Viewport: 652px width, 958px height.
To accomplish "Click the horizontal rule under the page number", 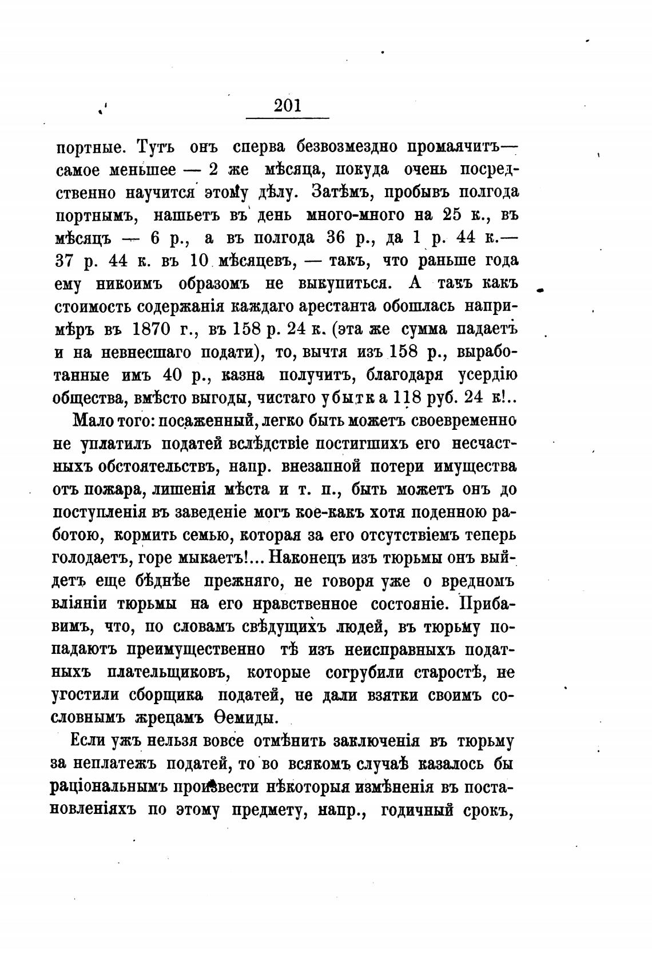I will (x=287, y=118).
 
